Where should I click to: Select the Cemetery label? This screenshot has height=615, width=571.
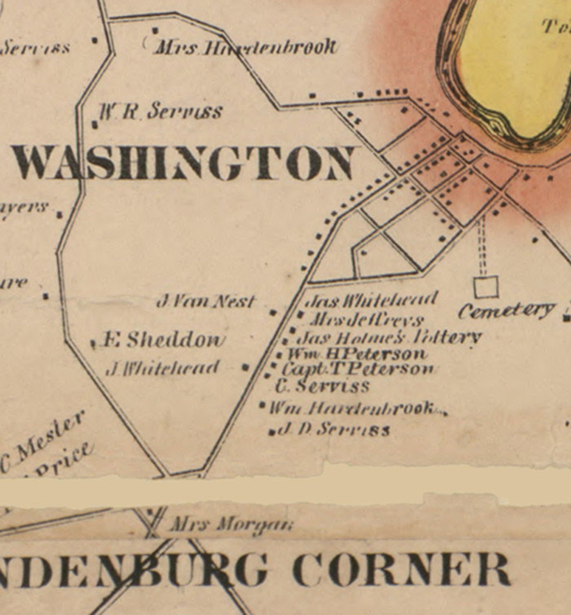tap(506, 311)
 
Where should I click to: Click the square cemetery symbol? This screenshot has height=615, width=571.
tap(486, 287)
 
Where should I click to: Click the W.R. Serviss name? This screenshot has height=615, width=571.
tap(160, 111)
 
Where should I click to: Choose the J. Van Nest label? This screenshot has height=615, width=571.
tap(206, 301)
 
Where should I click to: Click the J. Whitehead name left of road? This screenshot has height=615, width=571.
tap(163, 368)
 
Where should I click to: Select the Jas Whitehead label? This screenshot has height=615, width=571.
tap(371, 300)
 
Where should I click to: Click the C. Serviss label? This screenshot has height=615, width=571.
tap(322, 386)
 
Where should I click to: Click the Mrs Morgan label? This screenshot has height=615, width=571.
tap(231, 525)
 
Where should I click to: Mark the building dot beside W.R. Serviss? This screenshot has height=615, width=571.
tap(95, 125)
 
